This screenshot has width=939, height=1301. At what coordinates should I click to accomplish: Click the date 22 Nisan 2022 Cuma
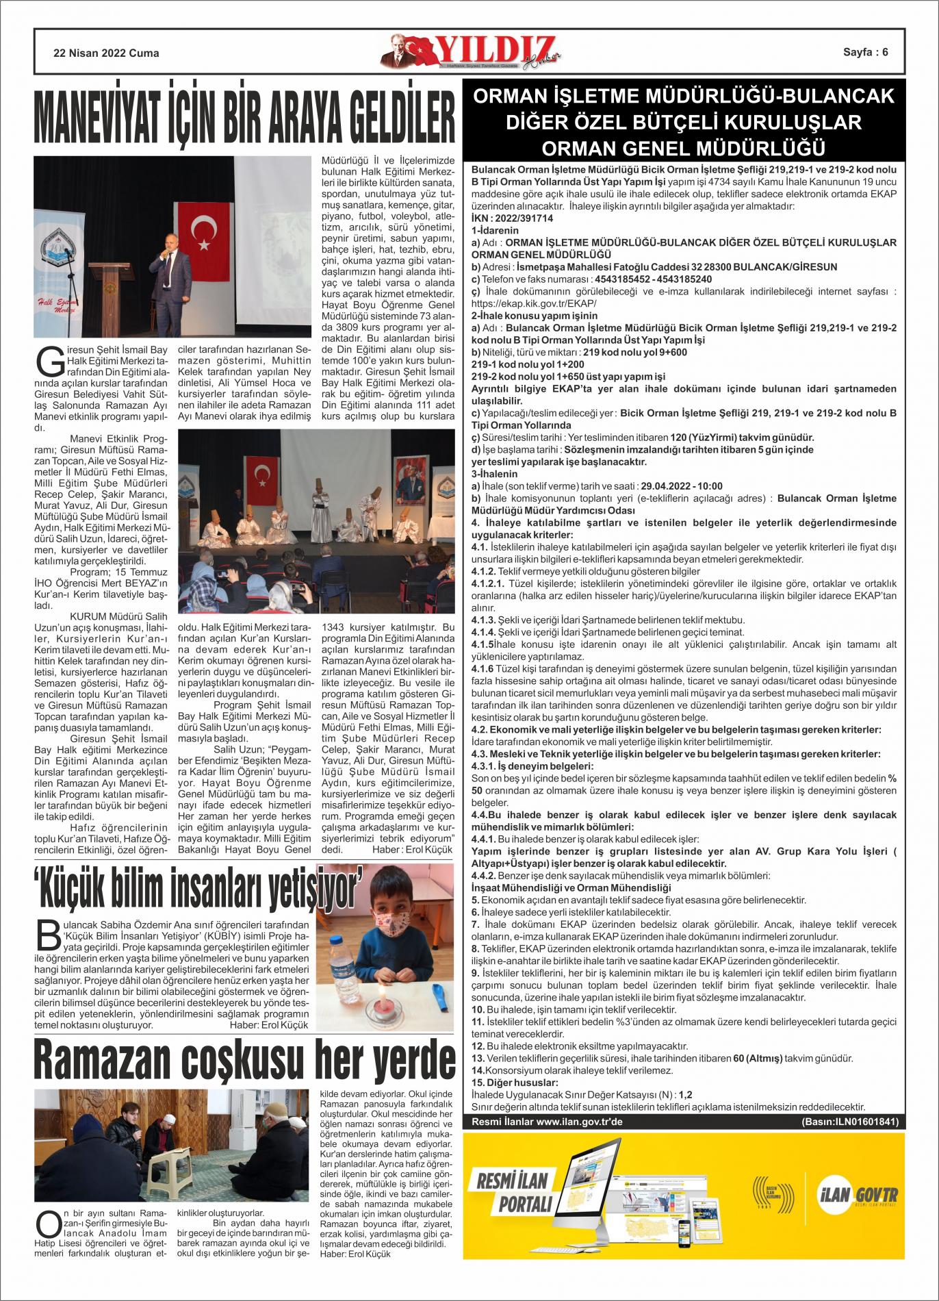coord(106,53)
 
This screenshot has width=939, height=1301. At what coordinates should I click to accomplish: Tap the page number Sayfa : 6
coord(865,52)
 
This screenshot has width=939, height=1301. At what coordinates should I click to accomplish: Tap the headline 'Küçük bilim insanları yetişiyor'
coord(198,888)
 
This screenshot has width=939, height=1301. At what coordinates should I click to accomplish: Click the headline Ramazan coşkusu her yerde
coord(244,1059)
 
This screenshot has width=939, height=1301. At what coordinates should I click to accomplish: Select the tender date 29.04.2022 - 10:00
coord(681,486)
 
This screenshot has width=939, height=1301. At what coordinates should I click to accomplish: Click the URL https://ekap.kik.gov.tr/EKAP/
coord(534,303)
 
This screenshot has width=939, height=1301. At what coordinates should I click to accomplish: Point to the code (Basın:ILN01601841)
coord(849,1122)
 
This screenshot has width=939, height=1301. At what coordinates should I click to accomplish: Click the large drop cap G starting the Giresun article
coord(50,361)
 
